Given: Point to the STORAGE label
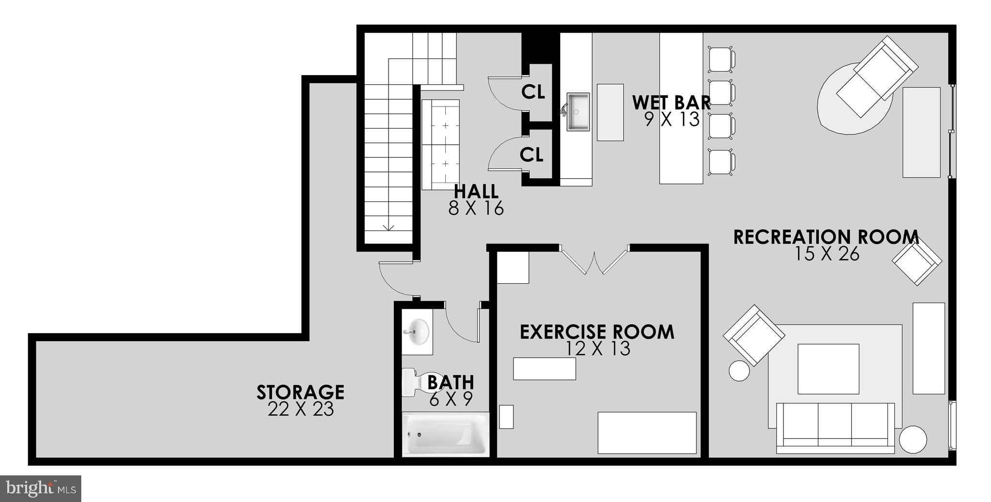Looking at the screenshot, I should click(x=300, y=392).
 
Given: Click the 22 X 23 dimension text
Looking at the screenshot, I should click(x=300, y=410).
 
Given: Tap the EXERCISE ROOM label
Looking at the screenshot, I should click(x=597, y=332).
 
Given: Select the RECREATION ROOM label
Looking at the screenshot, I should click(x=826, y=237).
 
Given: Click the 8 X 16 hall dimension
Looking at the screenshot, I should click(x=476, y=208).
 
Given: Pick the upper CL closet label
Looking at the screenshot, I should click(x=533, y=91).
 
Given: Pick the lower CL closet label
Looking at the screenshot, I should click(x=531, y=155).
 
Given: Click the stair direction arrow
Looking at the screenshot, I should click(x=388, y=226).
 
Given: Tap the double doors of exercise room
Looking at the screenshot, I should click(x=594, y=261).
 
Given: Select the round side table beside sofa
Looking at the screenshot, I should click(x=913, y=440).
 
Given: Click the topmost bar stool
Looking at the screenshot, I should click(x=721, y=58).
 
